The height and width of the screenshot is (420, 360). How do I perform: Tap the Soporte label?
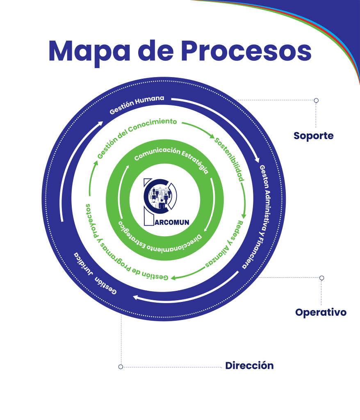click(314, 136)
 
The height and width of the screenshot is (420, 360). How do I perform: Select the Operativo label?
click(321, 313)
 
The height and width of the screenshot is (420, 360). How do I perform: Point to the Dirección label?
click(249, 365)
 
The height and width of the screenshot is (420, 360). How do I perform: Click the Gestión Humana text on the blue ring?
click(137, 105)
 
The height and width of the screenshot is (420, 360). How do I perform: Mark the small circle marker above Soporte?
click(316, 100)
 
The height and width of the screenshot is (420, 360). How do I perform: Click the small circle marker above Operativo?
click(322, 278)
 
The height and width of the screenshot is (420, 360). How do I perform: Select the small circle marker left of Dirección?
click(121, 367)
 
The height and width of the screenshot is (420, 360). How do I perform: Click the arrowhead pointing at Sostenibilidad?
click(212, 136)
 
